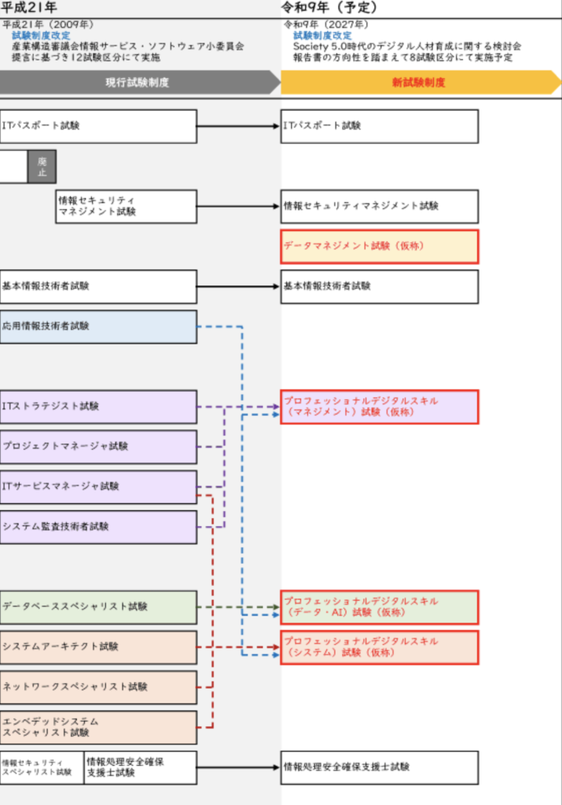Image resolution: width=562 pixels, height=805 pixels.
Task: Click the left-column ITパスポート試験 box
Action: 98,126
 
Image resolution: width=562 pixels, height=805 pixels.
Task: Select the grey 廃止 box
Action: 42,167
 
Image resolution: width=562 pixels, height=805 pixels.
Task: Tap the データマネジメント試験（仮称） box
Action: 380,246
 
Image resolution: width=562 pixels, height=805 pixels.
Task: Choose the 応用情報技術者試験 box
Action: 98,326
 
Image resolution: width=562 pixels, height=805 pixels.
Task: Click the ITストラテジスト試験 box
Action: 98,406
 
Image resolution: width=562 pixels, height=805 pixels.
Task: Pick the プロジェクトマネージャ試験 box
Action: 98,447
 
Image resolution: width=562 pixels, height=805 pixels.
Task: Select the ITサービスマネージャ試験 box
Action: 98,487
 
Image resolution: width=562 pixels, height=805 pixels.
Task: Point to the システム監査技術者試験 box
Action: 98,527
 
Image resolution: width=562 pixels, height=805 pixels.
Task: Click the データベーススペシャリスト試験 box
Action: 98,607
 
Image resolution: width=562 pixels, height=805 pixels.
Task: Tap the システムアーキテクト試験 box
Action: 98,647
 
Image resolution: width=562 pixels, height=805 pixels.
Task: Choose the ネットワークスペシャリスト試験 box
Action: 98,687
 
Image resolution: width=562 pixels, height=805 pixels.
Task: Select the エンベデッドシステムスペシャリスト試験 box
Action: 98,727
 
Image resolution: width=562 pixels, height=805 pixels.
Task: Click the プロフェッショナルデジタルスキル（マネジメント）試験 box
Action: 380,406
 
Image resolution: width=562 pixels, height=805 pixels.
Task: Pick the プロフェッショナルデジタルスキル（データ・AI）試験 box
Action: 380,607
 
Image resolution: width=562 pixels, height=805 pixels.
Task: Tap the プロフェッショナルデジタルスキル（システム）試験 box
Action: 380,647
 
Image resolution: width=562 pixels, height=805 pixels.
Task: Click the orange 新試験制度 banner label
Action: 418,83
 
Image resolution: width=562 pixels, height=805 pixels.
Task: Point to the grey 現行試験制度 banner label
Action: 138,83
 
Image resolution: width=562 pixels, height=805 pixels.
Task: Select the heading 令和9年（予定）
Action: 330,8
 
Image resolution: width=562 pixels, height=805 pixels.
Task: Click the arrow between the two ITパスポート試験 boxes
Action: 239,126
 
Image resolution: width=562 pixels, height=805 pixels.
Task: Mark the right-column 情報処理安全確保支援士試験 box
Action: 380,767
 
